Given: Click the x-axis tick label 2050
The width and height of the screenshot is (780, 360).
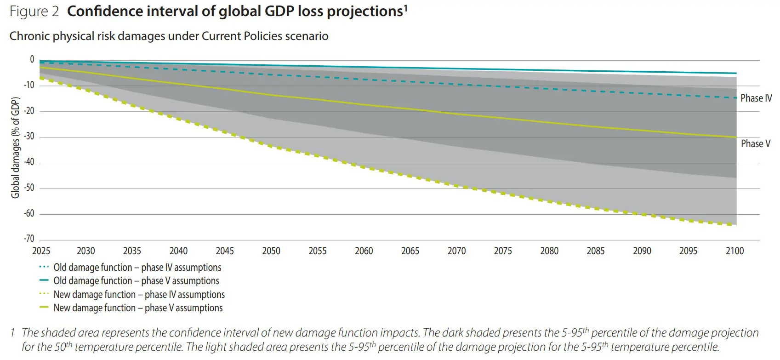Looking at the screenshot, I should [x=271, y=251].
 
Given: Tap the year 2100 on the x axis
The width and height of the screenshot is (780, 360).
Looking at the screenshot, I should [x=734, y=251].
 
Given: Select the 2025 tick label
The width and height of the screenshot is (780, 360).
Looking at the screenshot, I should [x=41, y=251].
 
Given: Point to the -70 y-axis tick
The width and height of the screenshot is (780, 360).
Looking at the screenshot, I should [x=29, y=239].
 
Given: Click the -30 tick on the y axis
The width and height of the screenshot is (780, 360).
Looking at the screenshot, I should [x=29, y=136].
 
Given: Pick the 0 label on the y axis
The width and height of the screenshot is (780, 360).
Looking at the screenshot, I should [x=32, y=59].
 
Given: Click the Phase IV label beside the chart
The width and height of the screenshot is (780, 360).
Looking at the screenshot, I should [x=756, y=98].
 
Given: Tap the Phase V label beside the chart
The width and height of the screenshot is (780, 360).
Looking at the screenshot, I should [x=755, y=144].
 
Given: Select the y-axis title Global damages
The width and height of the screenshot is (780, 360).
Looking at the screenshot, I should [x=16, y=148].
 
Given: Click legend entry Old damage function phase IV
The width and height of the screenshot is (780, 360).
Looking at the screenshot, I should [x=137, y=268].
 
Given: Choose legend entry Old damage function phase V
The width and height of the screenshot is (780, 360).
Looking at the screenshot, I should [x=136, y=281].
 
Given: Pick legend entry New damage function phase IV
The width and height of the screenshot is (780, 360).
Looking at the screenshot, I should [x=139, y=295].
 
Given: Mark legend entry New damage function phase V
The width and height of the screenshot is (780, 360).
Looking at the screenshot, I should [x=138, y=308].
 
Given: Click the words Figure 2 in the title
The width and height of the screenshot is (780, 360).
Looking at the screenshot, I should [x=34, y=11].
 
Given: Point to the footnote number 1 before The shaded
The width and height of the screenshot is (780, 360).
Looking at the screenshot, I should [x=13, y=332].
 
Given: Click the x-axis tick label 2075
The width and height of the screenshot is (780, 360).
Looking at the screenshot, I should [x=502, y=251].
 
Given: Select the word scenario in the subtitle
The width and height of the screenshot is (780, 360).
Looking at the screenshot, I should [x=306, y=36].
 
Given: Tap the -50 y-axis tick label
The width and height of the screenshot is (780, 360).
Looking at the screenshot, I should [x=29, y=188].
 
